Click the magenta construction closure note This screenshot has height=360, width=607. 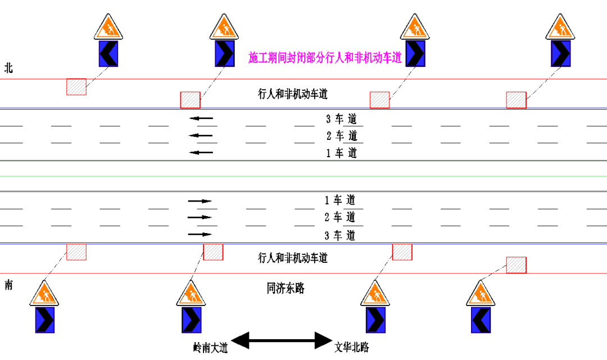(326, 57)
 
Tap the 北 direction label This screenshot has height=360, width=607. (8, 68)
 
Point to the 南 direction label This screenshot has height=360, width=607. (8, 285)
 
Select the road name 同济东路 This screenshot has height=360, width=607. (286, 289)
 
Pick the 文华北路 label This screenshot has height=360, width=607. (352, 347)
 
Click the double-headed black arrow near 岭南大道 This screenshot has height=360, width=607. (282, 340)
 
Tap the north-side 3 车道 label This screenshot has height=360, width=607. (341, 119)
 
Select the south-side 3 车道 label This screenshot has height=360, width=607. (340, 235)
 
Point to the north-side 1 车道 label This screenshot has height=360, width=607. (341, 153)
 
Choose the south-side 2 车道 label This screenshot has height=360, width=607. (340, 217)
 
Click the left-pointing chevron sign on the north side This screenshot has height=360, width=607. (108, 53)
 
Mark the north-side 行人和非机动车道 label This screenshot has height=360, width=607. (292, 94)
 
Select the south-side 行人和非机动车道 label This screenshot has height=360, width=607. (292, 258)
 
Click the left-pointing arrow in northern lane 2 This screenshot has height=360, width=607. (201, 135)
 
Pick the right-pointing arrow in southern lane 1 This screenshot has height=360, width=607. (200, 200)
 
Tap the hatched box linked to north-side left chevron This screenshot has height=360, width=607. (76, 86)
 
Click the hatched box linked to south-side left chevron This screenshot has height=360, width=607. (516, 265)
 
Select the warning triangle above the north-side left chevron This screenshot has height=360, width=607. (108, 26)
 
